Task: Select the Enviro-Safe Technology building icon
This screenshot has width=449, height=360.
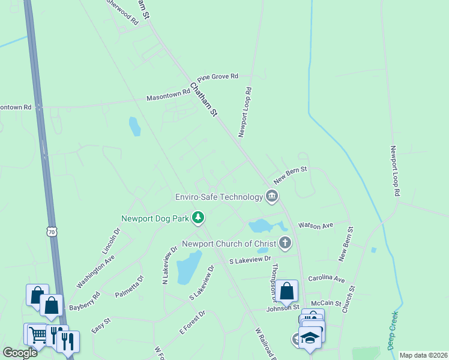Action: click(272, 196)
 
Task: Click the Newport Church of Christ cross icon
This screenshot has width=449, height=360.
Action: click(285, 243)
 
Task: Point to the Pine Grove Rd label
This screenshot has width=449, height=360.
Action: click(218, 77)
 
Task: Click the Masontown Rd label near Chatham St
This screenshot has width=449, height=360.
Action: click(169, 97)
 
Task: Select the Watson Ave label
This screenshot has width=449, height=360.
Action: click(315, 226)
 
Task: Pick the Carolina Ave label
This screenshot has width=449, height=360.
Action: click(327, 279)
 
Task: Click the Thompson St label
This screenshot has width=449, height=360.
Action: click(275, 279)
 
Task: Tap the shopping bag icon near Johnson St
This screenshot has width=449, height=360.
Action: click(287, 292)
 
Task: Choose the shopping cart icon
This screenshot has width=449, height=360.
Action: click(37, 334)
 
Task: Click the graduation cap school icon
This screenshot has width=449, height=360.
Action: click(310, 339)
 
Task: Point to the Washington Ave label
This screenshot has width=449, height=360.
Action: click(95, 272)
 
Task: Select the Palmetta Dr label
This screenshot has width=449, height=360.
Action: click(130, 287)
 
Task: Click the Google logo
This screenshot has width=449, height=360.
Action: click(20, 353)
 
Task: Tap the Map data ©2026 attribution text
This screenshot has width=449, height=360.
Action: click(423, 355)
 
